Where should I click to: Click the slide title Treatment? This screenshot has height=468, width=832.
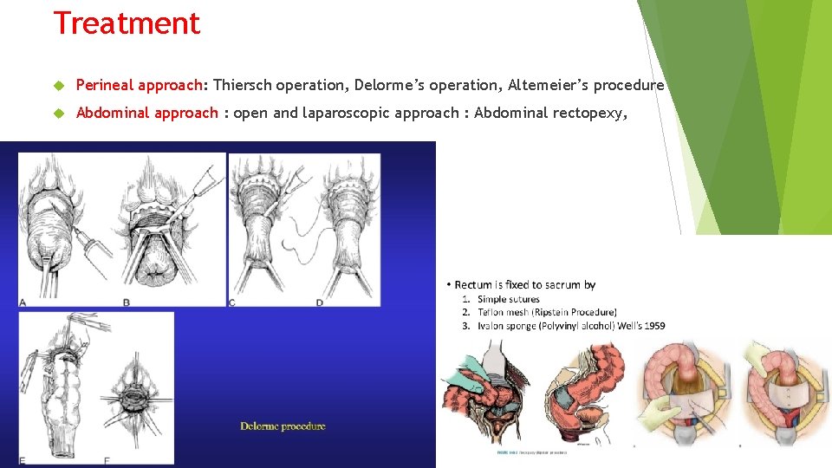127,23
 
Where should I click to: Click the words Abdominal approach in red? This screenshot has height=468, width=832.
147,113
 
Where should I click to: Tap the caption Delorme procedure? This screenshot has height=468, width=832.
283,426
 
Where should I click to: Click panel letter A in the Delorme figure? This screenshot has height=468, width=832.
23,302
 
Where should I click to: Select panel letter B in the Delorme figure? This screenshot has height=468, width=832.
127,302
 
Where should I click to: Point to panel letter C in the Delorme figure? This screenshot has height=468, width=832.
232,302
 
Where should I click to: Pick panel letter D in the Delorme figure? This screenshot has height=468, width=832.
320,302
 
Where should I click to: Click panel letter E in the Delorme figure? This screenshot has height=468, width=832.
23,459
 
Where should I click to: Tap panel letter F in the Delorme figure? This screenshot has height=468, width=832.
107,459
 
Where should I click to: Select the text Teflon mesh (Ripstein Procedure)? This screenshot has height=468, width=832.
547,312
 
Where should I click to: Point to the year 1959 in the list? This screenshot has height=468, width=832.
654,325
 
